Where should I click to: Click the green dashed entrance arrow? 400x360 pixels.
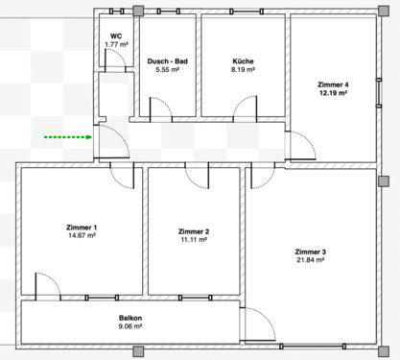coord(67,137)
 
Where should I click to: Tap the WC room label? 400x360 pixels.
coord(115,35)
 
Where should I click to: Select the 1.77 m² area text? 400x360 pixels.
coord(115,43)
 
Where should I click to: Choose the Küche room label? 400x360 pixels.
coord(242,61)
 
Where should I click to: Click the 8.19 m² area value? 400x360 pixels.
coord(242,70)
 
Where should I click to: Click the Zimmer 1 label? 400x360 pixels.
coord(82,227)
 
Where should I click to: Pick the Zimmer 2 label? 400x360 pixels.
coord(194,232)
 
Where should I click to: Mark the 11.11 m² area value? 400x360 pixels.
coord(194,241)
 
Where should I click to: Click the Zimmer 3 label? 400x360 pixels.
coord(311,252)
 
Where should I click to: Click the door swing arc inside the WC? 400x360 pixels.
coord(112,60)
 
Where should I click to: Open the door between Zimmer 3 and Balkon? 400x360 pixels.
coord(257,324)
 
